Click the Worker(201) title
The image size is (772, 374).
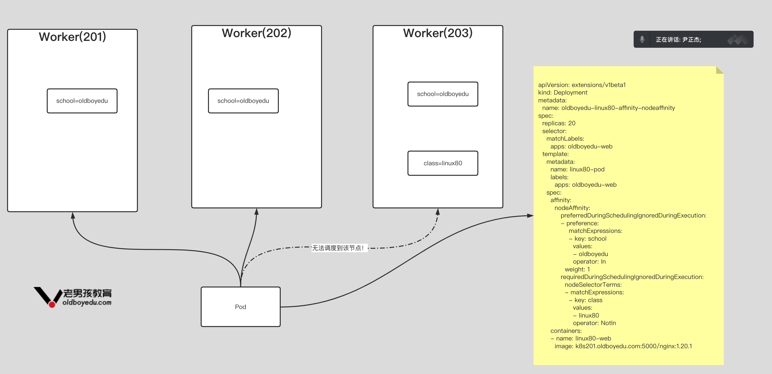72,37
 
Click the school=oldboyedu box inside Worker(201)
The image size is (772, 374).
82,101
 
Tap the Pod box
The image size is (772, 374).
240,307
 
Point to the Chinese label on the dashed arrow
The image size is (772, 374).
338,248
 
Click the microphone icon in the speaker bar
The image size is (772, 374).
642,39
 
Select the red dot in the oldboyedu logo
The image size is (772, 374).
52,305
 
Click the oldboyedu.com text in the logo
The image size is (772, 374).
87,303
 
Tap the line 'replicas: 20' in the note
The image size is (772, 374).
559,123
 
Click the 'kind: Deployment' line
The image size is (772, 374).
563,92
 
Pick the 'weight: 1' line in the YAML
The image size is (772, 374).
577,269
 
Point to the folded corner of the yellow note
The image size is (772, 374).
720,70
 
